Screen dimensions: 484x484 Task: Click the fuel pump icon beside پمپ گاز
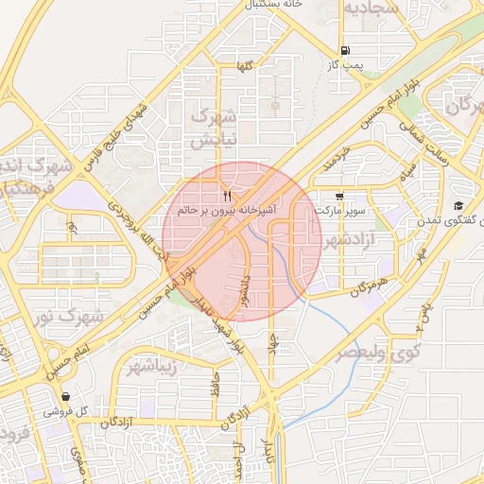point(344,51)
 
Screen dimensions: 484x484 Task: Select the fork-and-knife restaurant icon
point(227,196)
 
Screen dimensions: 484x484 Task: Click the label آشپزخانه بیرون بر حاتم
point(227,210)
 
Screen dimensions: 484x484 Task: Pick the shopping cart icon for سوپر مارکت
point(339,197)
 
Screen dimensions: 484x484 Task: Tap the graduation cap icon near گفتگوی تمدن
point(458,206)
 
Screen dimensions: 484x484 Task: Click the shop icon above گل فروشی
point(65,397)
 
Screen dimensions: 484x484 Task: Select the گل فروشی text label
point(65,412)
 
